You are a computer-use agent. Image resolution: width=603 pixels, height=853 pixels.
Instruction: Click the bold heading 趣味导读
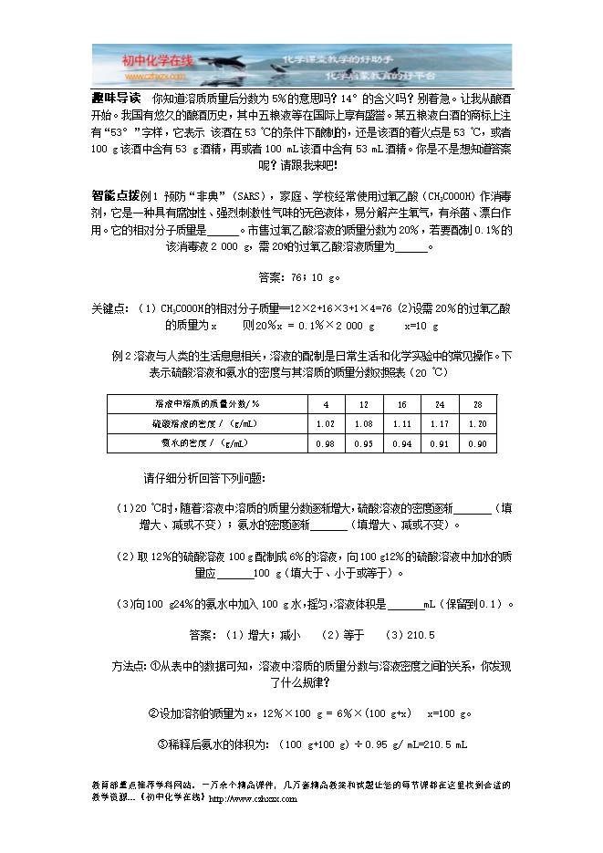pyautogui.click(x=116, y=98)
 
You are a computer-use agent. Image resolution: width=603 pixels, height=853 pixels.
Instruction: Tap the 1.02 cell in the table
pyautogui.click(x=325, y=423)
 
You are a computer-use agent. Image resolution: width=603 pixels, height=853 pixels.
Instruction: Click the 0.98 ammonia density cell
pyautogui.click(x=325, y=443)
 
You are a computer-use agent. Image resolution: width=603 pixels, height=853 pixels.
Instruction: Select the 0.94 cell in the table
pyautogui.click(x=401, y=443)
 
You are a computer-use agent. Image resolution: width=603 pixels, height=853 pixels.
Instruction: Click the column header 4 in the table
pyautogui.click(x=325, y=404)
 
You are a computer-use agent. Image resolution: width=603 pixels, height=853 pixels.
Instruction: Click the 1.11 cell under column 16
pyautogui.click(x=401, y=423)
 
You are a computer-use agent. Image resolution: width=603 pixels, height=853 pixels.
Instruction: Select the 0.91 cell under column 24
pyautogui.click(x=440, y=443)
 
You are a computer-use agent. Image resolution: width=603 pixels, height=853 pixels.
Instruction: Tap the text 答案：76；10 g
pyautogui.click(x=300, y=277)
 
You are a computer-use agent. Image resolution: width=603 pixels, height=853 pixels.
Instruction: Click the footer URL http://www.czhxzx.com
pyautogui.click(x=254, y=799)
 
